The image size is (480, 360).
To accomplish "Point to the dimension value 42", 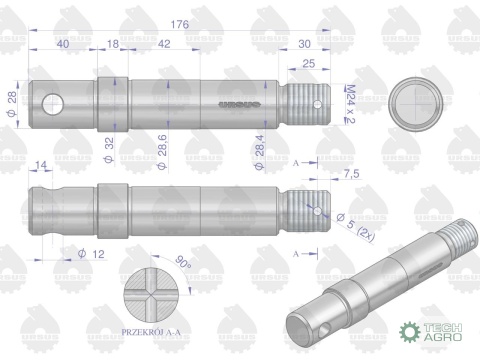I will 162,44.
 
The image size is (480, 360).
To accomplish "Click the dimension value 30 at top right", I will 304,44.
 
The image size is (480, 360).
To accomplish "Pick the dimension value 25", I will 309,64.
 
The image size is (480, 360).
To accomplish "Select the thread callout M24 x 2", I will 349,104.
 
